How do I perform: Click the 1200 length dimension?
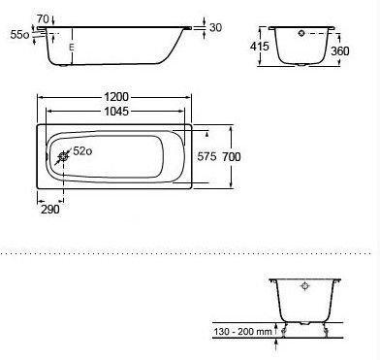[116, 97]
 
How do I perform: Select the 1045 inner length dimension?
[116, 112]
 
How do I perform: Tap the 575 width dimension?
[206, 157]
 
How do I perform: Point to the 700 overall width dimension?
[232, 157]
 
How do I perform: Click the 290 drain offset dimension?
[50, 210]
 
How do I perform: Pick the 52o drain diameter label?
[82, 151]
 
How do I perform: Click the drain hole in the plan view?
[63, 157]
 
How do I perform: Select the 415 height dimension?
[260, 47]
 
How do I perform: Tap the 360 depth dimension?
[340, 51]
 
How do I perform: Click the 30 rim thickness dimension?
[215, 27]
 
